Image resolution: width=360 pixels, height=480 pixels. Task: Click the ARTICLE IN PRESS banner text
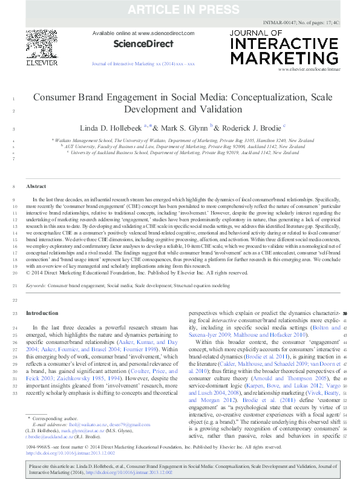pos(180,9)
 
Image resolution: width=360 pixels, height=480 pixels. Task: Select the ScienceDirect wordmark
pos(143,44)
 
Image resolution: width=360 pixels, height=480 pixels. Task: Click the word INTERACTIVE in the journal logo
pos(284,45)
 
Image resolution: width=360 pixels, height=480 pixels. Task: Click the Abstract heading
pos(36,187)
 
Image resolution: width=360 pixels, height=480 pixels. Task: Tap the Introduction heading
pos(42,313)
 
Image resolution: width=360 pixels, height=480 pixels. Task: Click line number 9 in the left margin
pos(14,199)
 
